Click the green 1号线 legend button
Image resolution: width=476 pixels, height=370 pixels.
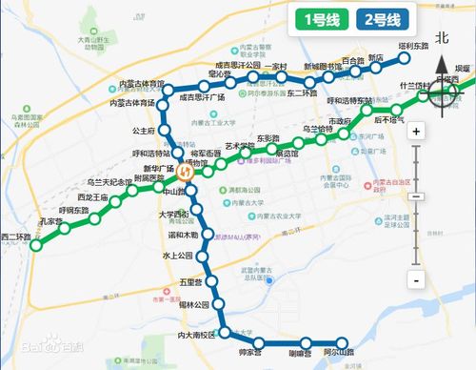(321, 19)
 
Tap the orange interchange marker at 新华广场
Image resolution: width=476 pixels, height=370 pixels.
(188, 174)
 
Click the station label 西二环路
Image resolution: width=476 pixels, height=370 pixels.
(15, 235)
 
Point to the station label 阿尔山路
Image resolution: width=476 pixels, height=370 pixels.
(337, 353)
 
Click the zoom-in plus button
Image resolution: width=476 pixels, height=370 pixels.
(416, 133)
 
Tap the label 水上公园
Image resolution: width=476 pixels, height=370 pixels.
(178, 256)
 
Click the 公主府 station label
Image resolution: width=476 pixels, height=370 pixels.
(144, 131)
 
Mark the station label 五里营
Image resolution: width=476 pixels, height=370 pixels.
(191, 282)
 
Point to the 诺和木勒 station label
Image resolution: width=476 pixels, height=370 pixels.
(184, 235)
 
